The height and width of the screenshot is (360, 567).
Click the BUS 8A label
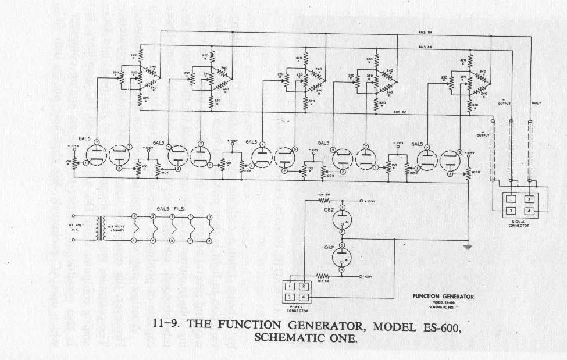click(425, 33)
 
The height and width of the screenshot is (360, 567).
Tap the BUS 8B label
click(425, 47)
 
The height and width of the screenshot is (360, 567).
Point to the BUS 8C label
click(401, 112)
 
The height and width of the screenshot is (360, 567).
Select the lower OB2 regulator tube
click(343, 256)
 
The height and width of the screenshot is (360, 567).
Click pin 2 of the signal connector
click(530, 199)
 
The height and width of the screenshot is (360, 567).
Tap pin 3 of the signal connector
click(509, 210)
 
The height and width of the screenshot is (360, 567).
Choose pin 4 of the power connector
click(303, 297)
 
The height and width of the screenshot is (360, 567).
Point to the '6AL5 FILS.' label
click(168, 208)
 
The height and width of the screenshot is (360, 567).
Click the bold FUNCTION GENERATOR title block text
click(443, 296)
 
